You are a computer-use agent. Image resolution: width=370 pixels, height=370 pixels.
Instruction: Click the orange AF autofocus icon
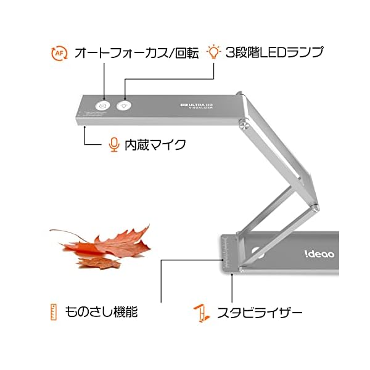pyautogui.click(x=59, y=53)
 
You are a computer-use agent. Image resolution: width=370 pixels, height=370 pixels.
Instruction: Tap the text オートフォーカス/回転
pyautogui.click(x=136, y=53)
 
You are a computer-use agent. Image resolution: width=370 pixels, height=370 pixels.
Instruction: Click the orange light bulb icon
pyautogui.click(x=213, y=51)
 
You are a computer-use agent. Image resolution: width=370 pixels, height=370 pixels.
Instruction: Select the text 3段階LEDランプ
pyautogui.click(x=274, y=52)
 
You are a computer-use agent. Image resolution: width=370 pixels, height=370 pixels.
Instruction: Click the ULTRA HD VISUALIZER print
pyautogui.click(x=199, y=105)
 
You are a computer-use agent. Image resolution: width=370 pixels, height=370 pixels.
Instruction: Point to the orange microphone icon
pyautogui.click(x=113, y=144)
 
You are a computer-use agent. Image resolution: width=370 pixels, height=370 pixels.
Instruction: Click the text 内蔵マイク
pyautogui.click(x=155, y=145)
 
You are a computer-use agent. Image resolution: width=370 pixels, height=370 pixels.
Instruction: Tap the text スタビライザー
pyautogui.click(x=258, y=312)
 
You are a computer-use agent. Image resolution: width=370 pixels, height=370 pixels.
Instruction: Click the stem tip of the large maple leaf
pyautogui.click(x=53, y=232)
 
